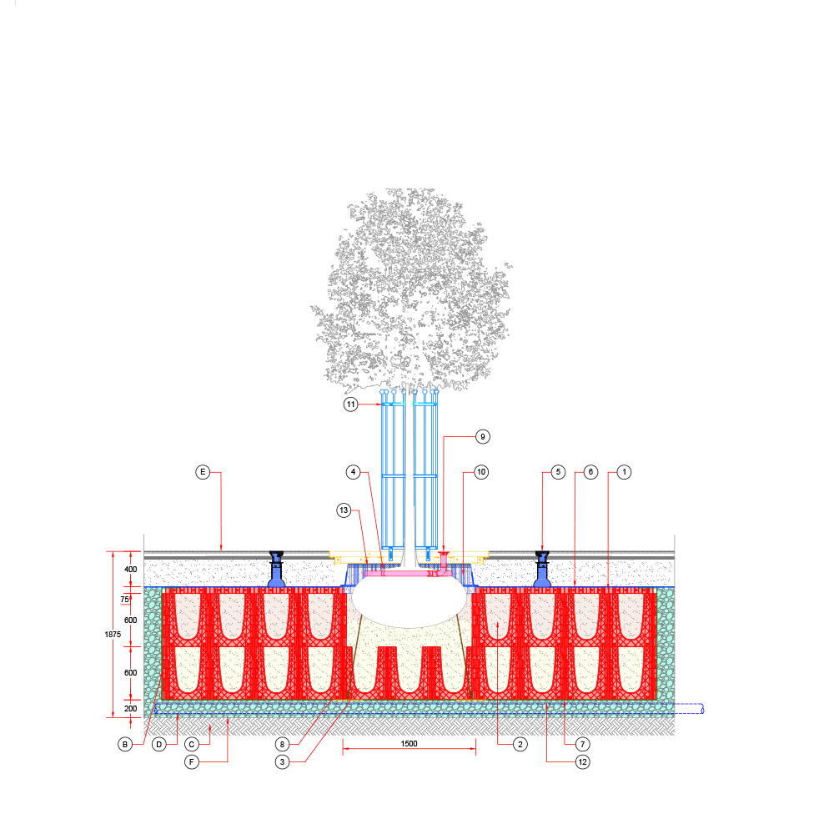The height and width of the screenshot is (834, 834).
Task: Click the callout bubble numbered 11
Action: click(x=350, y=404)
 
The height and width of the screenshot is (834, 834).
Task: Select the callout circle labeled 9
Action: click(x=482, y=437)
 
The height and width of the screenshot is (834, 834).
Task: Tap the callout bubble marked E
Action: click(x=203, y=472)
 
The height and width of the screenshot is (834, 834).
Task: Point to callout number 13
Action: click(x=344, y=510)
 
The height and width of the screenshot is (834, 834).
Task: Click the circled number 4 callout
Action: click(x=353, y=472)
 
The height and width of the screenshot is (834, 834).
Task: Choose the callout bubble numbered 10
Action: click(x=481, y=472)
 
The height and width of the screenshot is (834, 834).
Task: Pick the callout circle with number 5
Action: click(x=558, y=472)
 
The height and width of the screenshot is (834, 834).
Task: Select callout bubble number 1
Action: click(x=624, y=472)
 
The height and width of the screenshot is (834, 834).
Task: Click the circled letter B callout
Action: click(x=125, y=744)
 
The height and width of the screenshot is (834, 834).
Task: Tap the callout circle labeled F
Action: click(x=192, y=761)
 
